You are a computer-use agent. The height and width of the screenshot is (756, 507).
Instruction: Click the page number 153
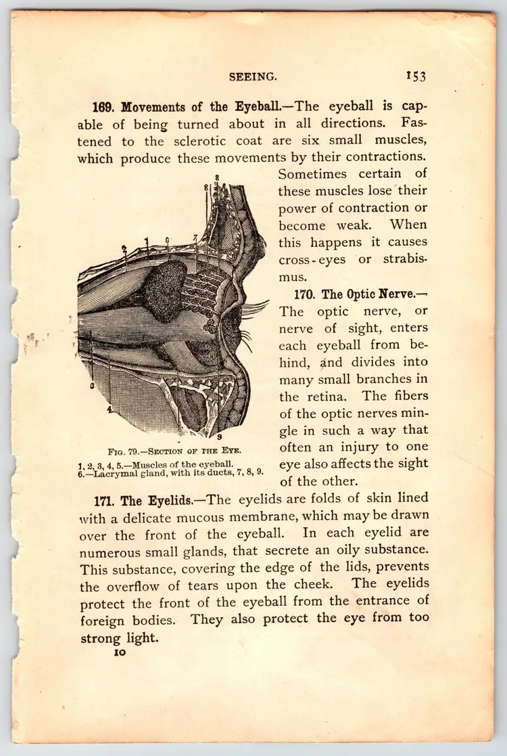point(416,76)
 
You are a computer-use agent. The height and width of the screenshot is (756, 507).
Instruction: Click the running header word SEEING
point(252,76)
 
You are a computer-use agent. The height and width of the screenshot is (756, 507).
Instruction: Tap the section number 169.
point(105,107)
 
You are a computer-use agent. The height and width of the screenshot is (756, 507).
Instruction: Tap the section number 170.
point(306,294)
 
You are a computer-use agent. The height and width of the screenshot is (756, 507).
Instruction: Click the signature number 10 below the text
point(120,653)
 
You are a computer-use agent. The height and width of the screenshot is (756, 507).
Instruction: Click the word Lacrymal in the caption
point(110,472)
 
